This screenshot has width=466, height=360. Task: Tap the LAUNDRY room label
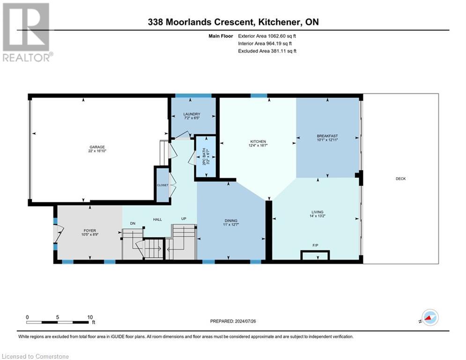click(192, 114)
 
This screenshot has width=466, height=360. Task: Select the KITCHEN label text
click(258, 142)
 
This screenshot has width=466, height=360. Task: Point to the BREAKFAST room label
click(327, 136)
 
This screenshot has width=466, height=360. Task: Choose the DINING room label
click(231, 221)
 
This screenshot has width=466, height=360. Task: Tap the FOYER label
click(89, 231)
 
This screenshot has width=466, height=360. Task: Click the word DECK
click(400, 179)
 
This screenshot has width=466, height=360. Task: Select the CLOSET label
click(162, 185)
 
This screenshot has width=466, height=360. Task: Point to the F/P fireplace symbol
click(315, 245)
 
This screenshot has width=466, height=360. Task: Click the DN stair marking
click(133, 224)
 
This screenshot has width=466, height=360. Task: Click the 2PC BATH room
click(206, 157)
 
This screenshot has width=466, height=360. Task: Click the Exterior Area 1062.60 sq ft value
click(267, 35)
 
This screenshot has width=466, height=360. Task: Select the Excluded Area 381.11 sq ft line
click(267, 51)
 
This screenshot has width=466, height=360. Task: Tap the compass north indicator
click(429, 317)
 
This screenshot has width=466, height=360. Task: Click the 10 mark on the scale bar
click(89, 317)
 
